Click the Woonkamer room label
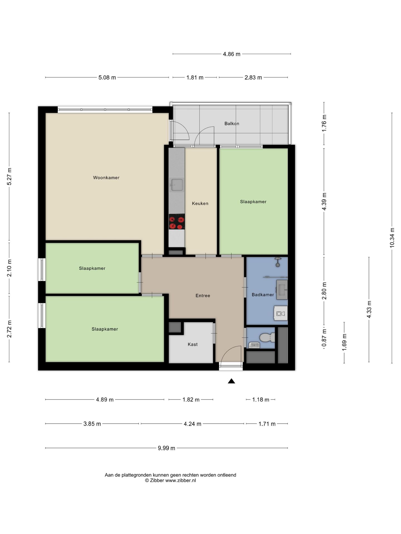(x=106, y=178)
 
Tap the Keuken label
(x=200, y=204)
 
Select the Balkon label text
(x=232, y=123)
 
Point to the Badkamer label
(x=263, y=295)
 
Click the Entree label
(x=203, y=296)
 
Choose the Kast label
(x=192, y=344)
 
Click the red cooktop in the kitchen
(x=177, y=222)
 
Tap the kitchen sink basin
(x=177, y=185)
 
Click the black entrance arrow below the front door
(x=231, y=381)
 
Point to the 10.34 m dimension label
(x=392, y=238)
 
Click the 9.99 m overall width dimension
(x=167, y=448)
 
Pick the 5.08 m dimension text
(x=107, y=78)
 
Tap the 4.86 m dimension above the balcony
(x=231, y=54)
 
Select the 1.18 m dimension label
(x=261, y=400)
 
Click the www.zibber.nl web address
(x=180, y=480)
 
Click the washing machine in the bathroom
(x=281, y=313)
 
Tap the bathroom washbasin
(x=282, y=290)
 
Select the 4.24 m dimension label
(x=192, y=424)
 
